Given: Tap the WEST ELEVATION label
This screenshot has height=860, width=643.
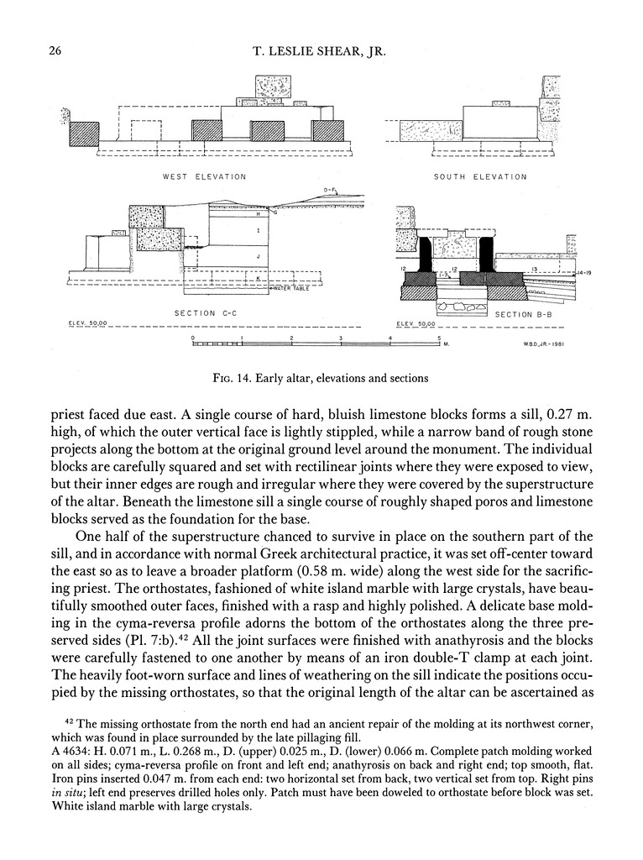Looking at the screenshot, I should pyautogui.click(x=205, y=177).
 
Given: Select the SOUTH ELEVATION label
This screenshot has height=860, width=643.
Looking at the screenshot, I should pyautogui.click(x=480, y=177).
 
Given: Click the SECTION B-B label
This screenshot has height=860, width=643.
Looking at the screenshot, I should pyautogui.click(x=522, y=314).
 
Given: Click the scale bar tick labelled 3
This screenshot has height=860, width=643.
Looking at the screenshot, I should pyautogui.click(x=341, y=338).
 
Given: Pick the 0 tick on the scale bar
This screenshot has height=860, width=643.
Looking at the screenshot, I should pyautogui.click(x=193, y=338).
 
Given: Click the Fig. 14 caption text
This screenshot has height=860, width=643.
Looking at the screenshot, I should pyautogui.click(x=321, y=378).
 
